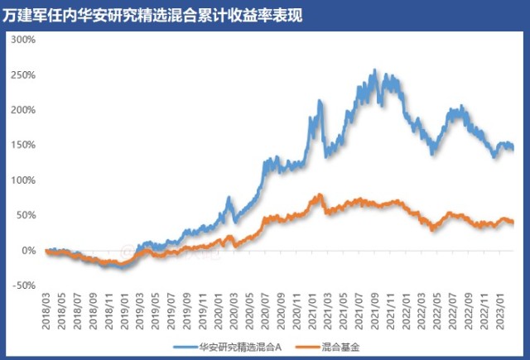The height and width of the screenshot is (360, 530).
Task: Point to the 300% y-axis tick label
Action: [24, 39]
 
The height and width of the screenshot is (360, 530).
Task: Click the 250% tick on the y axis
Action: [24, 74]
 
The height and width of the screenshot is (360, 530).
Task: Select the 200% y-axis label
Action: [24, 109]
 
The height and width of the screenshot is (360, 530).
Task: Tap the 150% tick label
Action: [24, 145]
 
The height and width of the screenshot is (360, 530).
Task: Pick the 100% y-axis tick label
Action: [24, 180]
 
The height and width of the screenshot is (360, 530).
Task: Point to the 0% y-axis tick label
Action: [28, 250]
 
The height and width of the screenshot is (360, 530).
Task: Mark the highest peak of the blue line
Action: [375, 71]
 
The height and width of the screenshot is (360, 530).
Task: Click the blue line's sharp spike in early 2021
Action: [320, 101]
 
